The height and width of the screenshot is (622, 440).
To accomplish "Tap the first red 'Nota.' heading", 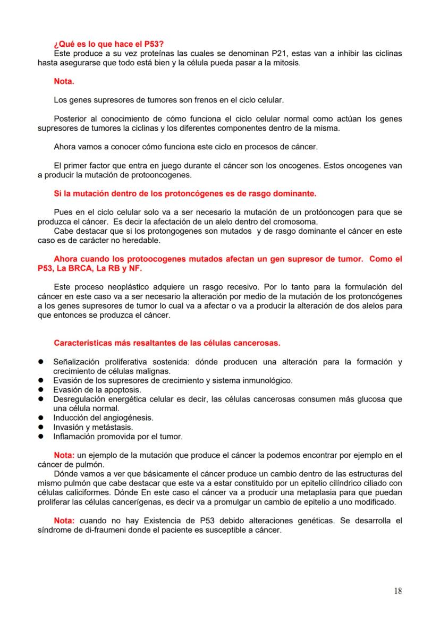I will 64,81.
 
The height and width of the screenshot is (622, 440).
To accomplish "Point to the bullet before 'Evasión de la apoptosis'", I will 40,389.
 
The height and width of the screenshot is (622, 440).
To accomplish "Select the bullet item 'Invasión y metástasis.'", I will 93,427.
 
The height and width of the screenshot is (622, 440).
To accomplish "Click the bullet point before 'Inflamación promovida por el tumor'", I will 40,437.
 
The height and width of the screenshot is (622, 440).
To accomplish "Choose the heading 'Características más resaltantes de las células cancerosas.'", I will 167,343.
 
